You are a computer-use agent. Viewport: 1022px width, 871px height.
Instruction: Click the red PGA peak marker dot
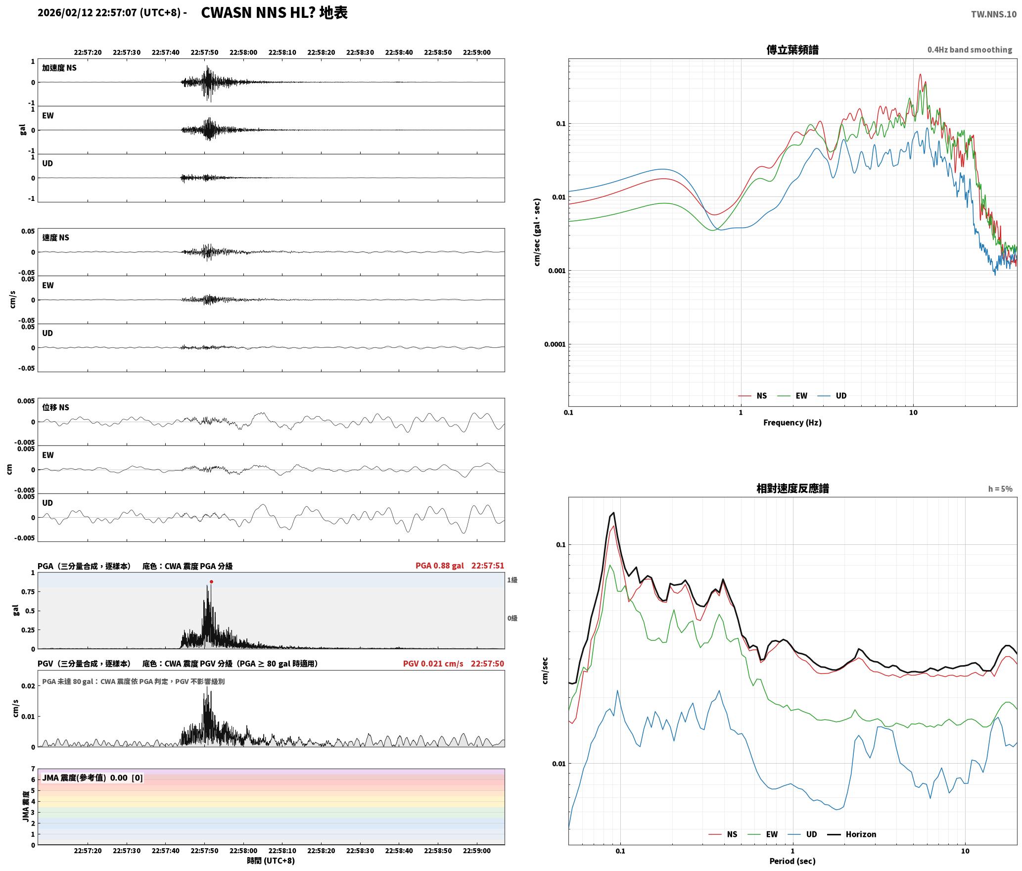point(211,582)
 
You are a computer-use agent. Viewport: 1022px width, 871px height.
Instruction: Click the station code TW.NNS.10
point(994,14)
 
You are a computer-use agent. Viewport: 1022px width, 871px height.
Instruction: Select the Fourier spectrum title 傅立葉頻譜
point(792,50)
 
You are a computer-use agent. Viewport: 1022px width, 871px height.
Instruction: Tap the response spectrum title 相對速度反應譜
point(792,488)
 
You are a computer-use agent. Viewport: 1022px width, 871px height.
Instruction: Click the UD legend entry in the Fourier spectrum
point(832,396)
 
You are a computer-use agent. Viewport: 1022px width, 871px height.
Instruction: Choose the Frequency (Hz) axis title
point(792,423)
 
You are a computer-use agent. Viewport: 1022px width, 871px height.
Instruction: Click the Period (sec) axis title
point(792,861)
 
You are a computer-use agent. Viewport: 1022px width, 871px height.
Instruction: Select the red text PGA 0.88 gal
point(440,566)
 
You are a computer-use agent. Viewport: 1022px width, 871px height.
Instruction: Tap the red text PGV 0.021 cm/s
point(433,664)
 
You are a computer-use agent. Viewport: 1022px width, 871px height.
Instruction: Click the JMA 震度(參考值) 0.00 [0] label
point(93,778)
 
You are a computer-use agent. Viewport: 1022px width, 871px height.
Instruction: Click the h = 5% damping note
point(1000,489)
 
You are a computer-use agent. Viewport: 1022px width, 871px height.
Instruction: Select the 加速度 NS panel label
point(59,68)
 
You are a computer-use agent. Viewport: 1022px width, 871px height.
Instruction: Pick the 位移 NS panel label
point(55,407)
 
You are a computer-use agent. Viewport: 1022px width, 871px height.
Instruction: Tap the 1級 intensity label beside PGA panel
point(512,580)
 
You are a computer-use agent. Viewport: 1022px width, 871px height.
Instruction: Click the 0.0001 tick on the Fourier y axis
point(555,344)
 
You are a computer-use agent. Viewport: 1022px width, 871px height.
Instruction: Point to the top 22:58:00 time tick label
point(243,52)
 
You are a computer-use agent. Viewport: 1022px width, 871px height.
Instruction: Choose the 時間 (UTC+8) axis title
point(271,861)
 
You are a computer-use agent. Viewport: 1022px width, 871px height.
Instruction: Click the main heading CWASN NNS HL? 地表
point(275,13)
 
